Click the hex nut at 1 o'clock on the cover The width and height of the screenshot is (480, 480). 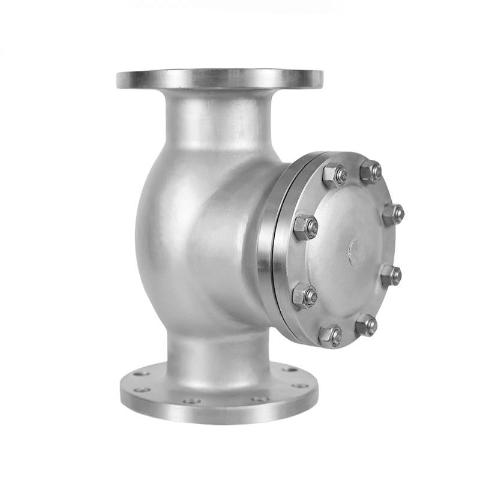(370, 172)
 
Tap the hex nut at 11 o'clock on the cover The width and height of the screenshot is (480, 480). (334, 175)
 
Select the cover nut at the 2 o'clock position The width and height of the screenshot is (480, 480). (393, 214)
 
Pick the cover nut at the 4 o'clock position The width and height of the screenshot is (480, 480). (391, 275)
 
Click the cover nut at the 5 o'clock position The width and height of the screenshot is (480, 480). (366, 326)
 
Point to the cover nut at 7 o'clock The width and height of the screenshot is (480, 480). (330, 335)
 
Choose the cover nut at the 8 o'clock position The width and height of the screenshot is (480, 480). (304, 296)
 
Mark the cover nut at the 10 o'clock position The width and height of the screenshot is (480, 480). (305, 227)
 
